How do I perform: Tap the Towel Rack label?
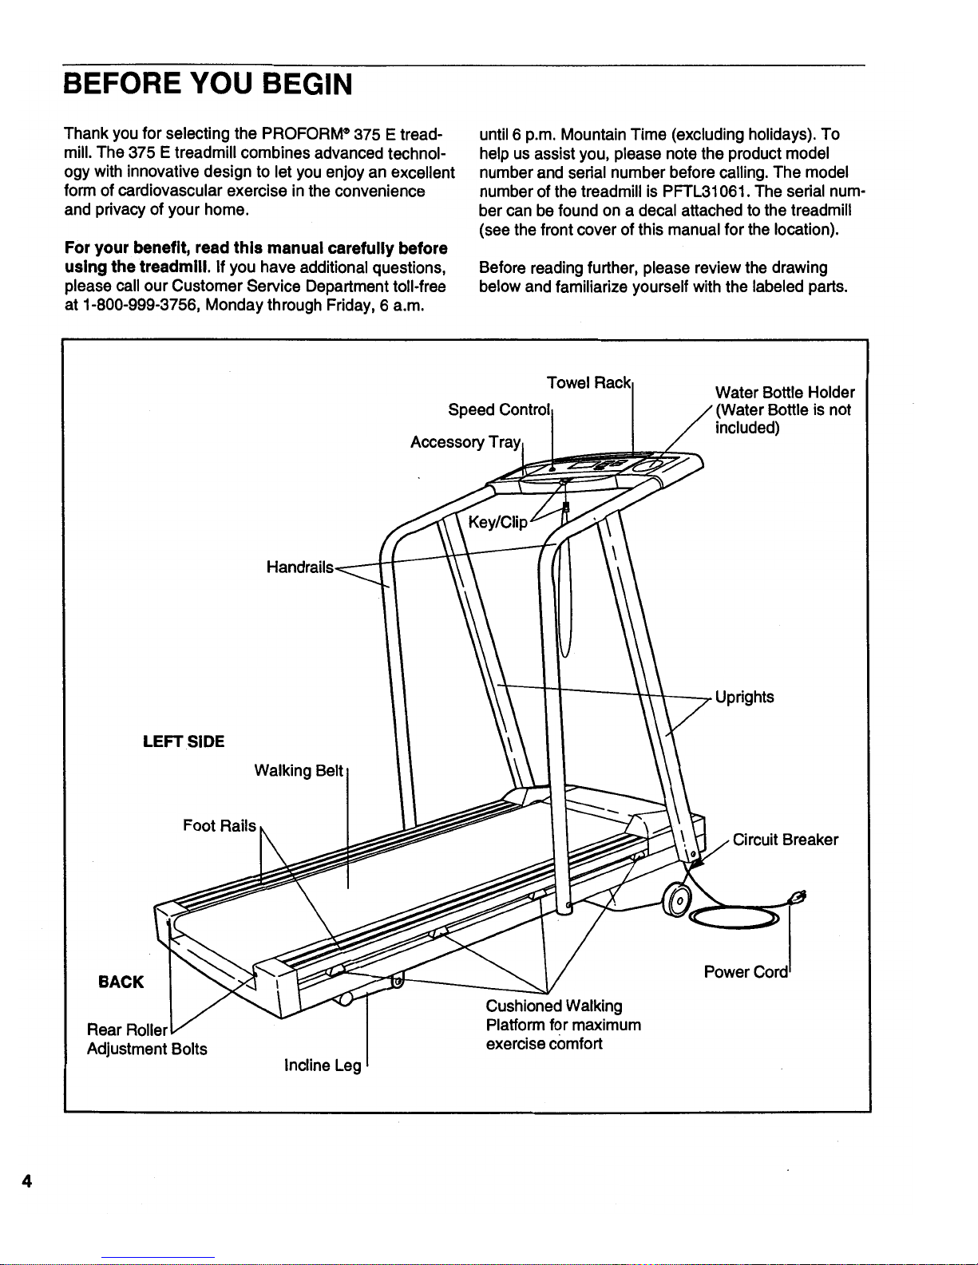589,382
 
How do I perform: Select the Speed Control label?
500,410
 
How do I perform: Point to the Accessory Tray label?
465,442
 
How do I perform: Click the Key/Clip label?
497,523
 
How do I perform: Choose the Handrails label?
299,567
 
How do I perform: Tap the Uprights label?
744,697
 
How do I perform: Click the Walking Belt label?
299,770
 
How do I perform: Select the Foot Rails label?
220,825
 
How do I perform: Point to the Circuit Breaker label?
785,840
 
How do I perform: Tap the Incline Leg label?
323,1065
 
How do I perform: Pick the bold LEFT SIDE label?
184,741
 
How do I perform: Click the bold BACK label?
121,982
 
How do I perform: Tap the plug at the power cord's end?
797,896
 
